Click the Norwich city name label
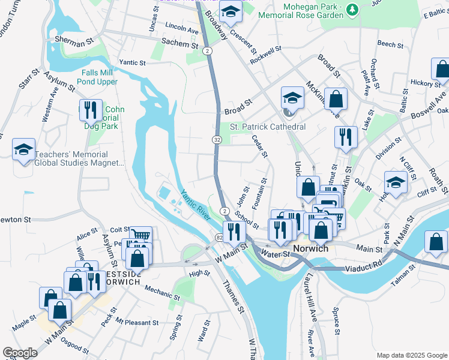click(x=310, y=248)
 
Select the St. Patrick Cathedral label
click(x=268, y=127)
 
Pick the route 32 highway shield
click(x=216, y=139)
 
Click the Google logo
click(x=20, y=353)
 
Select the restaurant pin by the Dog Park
click(x=91, y=109)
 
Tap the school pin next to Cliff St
click(x=396, y=182)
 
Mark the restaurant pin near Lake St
click(x=346, y=136)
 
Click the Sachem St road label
click(x=180, y=44)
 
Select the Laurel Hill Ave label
click(x=312, y=305)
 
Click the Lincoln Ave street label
click(x=181, y=29)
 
